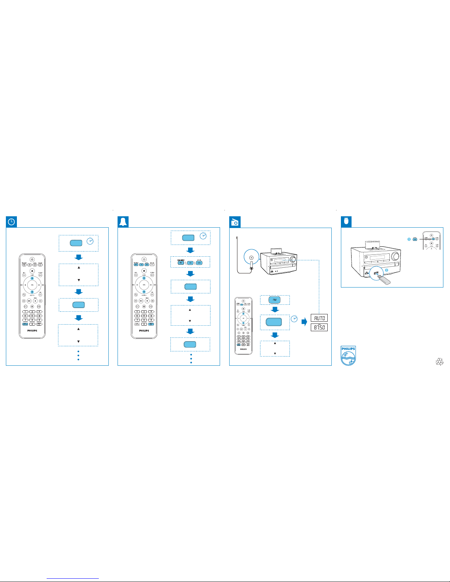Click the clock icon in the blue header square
click(x=12, y=222)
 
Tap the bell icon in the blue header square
click(x=123, y=222)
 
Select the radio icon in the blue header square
click(x=235, y=222)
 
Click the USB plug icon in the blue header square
click(x=346, y=222)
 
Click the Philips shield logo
click(x=348, y=356)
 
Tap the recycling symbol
click(x=439, y=362)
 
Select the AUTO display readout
click(x=319, y=318)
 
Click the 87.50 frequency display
click(x=319, y=327)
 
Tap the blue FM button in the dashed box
click(x=274, y=300)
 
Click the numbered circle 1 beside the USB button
click(x=409, y=239)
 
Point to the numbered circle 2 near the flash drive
click(x=386, y=270)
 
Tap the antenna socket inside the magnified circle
click(x=251, y=257)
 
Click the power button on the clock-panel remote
click(x=32, y=259)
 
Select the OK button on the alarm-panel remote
click(x=144, y=285)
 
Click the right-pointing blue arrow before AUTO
click(x=304, y=322)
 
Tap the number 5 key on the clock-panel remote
click(x=32, y=315)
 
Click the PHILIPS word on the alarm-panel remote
click(x=144, y=330)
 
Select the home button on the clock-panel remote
click(x=32, y=271)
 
